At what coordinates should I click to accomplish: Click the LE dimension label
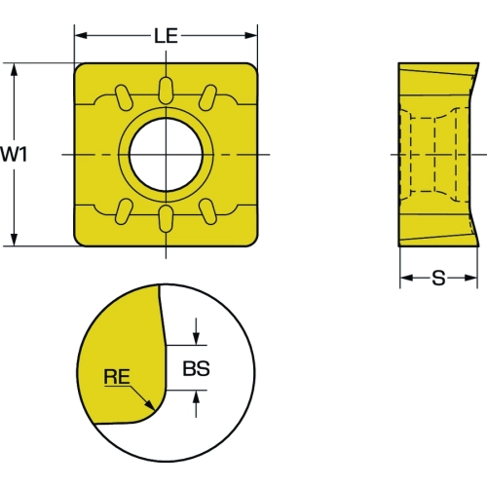point(166,36)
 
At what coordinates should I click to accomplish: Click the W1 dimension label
point(14,154)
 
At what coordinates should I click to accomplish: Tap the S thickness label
point(438,279)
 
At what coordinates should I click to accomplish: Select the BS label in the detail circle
point(196,368)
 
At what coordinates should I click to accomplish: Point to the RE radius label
point(117,377)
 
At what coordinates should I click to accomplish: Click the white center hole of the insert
point(166,155)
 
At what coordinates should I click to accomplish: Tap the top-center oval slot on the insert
point(166,91)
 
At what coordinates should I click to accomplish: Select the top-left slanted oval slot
point(124,97)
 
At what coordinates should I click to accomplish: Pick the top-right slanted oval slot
point(207,97)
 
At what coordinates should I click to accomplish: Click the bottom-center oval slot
point(166,219)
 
